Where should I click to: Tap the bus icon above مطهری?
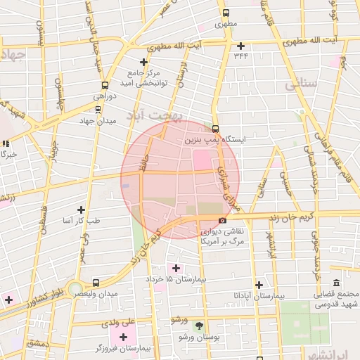(226, 12)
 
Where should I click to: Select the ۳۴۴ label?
(241, 55)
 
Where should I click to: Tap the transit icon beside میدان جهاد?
(97, 108)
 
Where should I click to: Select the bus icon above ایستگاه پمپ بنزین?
(215, 129)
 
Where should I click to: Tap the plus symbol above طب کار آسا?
(82, 210)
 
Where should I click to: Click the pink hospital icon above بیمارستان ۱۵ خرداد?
(176, 268)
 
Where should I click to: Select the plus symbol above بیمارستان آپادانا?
(259, 285)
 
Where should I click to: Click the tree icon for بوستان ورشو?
(199, 326)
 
